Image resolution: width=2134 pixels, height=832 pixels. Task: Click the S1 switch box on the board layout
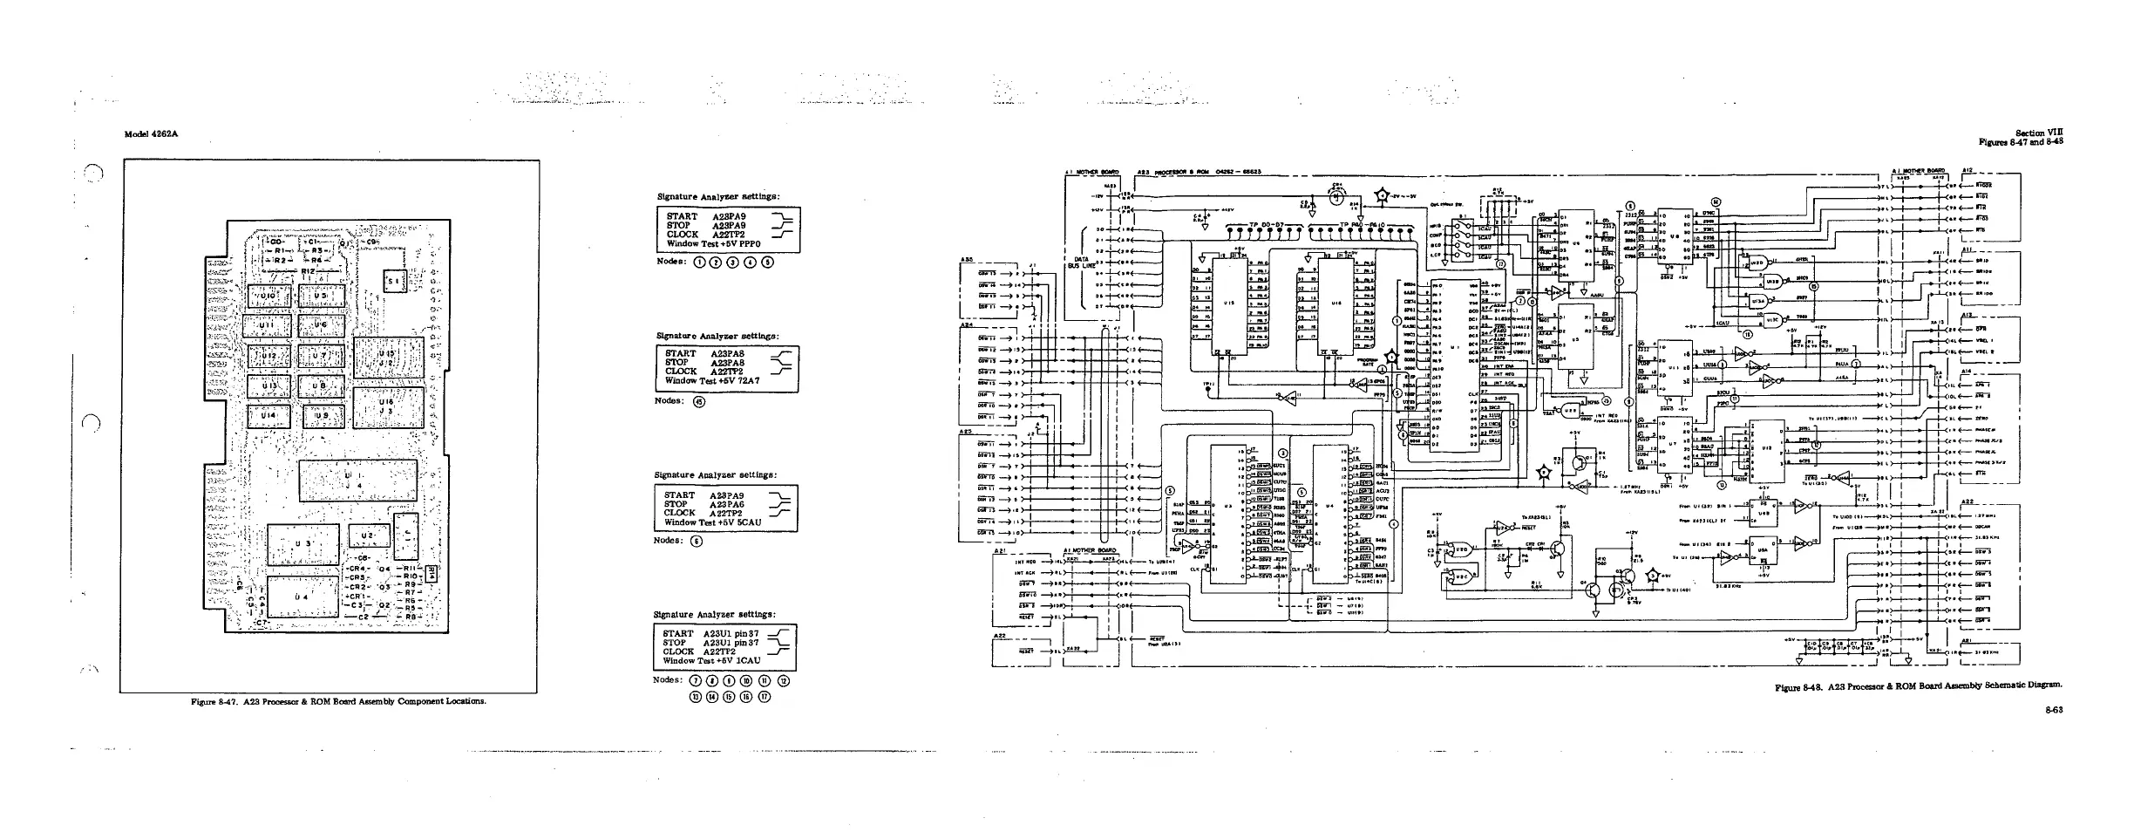click(x=393, y=281)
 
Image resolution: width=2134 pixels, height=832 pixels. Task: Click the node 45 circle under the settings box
click(x=697, y=402)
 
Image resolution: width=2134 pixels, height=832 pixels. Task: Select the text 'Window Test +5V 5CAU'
click(x=714, y=522)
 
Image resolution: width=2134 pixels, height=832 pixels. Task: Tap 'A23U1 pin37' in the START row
click(x=731, y=633)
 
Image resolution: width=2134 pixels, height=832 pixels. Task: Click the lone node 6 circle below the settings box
click(x=696, y=541)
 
